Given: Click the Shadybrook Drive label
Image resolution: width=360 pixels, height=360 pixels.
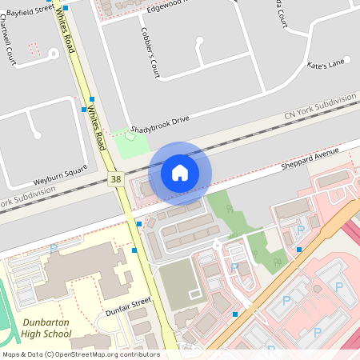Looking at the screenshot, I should [x=161, y=122].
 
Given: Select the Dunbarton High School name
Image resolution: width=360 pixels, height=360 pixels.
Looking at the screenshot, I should [x=45, y=329].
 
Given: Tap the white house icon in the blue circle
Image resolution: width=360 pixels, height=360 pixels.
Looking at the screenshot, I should [x=180, y=172].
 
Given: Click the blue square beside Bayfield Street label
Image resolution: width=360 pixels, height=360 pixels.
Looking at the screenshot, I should [x=66, y=7].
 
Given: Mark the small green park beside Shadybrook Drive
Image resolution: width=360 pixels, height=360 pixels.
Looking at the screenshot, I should [x=129, y=145].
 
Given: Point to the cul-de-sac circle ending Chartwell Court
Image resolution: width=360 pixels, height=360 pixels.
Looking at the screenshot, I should [x=54, y=54].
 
